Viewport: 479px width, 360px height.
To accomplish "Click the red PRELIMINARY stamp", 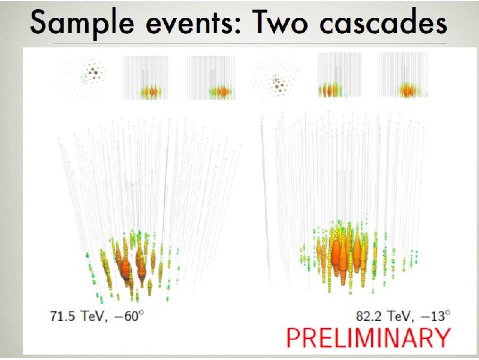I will [367, 337].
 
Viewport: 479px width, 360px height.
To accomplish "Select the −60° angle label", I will [127, 314].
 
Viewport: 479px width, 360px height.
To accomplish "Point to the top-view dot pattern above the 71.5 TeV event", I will [87, 76].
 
